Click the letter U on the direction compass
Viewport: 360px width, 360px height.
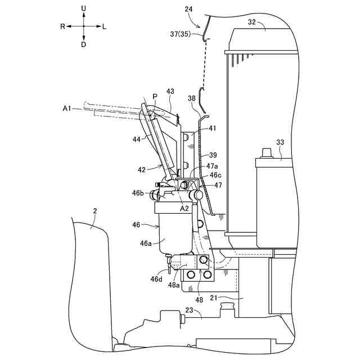tap(83, 8)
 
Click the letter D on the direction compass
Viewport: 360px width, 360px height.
tap(83, 44)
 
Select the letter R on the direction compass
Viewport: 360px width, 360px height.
tap(63, 26)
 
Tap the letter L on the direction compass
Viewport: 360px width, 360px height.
tap(105, 26)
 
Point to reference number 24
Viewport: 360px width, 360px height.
tap(188, 9)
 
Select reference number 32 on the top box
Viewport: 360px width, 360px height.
tap(251, 22)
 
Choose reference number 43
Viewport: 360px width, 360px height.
tap(170, 91)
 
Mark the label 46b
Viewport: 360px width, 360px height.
tap(138, 193)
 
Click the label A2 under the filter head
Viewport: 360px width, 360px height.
tap(184, 208)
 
